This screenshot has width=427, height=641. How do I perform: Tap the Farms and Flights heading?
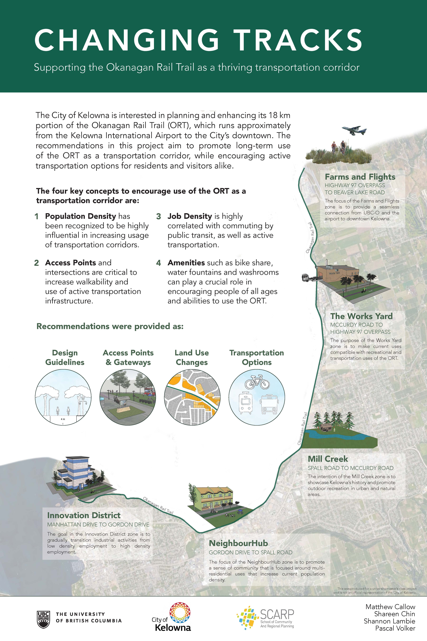[x=360, y=177]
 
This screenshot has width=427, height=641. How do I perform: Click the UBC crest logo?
[x=43, y=619]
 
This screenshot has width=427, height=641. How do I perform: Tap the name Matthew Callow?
[x=390, y=607]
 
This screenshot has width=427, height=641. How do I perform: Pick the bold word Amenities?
[x=186, y=263]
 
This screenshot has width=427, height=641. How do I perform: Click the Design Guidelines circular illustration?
[x=63, y=398]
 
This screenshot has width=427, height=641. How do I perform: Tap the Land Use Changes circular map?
[x=192, y=398]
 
